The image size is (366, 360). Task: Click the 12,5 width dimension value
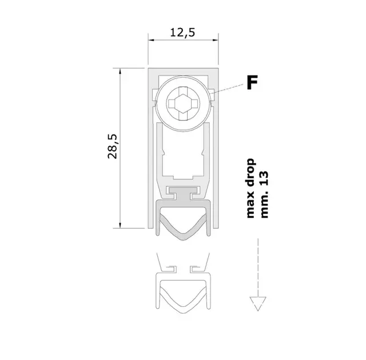click(182, 33)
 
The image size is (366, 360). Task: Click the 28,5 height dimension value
click(112, 147)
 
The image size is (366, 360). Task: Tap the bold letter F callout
click(252, 82)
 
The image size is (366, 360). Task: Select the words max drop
click(250, 188)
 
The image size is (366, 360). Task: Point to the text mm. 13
click(264, 195)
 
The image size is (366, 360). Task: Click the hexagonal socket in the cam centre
click(183, 103)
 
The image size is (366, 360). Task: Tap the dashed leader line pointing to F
click(226, 89)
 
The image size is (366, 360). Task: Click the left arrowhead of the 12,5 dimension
click(151, 40)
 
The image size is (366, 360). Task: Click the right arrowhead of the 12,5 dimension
click(215, 40)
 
